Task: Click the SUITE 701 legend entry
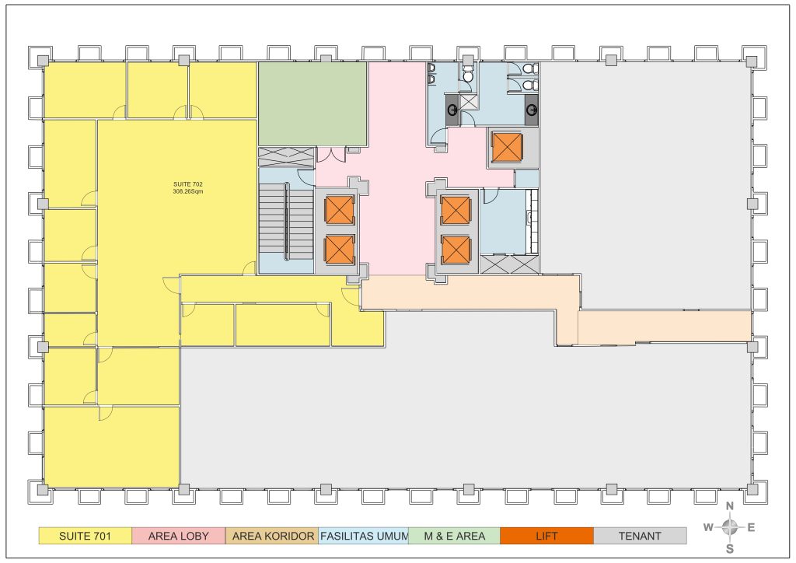[x=86, y=536]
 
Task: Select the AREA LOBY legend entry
[x=179, y=536]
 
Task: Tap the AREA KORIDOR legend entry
[x=272, y=536]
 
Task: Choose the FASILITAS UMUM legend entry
[x=364, y=536]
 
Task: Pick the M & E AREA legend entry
[x=454, y=536]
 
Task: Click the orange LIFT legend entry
[x=546, y=536]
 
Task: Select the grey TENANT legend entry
[x=640, y=536]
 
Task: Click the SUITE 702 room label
[x=188, y=184]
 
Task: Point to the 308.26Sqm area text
[x=188, y=191]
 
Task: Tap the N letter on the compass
[x=730, y=506]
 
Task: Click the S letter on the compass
[x=730, y=549]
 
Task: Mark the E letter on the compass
[x=752, y=527]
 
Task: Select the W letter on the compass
[x=709, y=527]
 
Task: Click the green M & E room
[x=312, y=104]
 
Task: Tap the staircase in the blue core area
[x=286, y=222]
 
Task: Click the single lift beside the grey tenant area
[x=507, y=147]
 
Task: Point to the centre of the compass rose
[x=730, y=527]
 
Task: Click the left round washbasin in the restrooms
[x=452, y=110]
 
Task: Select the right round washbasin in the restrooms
[x=532, y=110]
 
